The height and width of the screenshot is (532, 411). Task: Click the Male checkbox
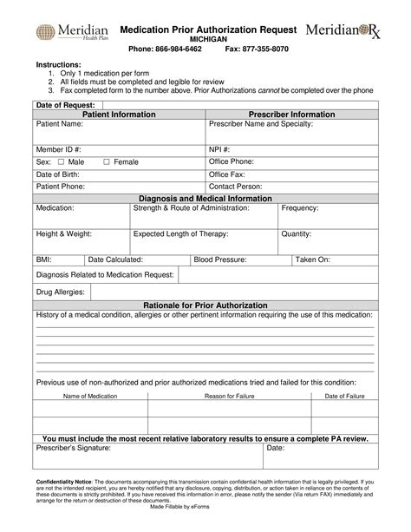click(x=62, y=161)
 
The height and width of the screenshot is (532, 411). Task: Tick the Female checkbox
click(x=107, y=161)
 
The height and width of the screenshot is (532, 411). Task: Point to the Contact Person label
click(x=236, y=186)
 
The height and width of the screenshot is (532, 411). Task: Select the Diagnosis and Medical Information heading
click(x=205, y=197)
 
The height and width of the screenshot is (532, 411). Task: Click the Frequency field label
click(x=300, y=209)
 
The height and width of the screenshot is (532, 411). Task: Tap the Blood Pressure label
click(x=220, y=259)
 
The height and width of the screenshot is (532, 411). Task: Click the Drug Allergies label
click(x=60, y=292)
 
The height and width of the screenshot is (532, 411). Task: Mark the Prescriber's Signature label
click(x=73, y=449)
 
